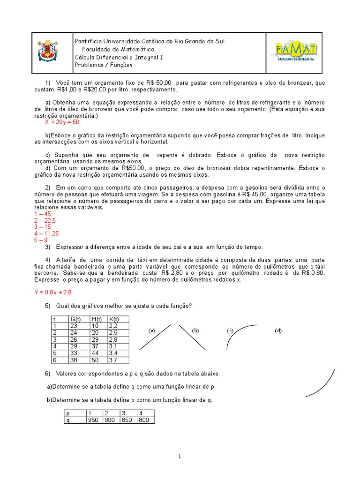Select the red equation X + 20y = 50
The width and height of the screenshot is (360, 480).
pos(62,122)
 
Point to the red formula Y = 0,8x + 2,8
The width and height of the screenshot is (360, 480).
pos(52,292)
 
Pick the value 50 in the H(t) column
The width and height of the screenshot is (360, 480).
pos(96,360)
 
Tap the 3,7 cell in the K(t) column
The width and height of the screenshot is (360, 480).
pos(113,360)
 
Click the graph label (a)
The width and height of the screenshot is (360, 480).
pos(151,330)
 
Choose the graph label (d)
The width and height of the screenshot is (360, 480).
pos(278,331)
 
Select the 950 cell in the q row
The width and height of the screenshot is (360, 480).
pos(93,420)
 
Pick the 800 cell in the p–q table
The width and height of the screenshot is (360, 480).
pos(144,420)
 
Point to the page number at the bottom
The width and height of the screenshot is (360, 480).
pos(180,457)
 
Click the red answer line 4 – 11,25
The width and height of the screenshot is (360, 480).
pos(46,233)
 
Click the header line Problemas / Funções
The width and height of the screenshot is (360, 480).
pos(104,65)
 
